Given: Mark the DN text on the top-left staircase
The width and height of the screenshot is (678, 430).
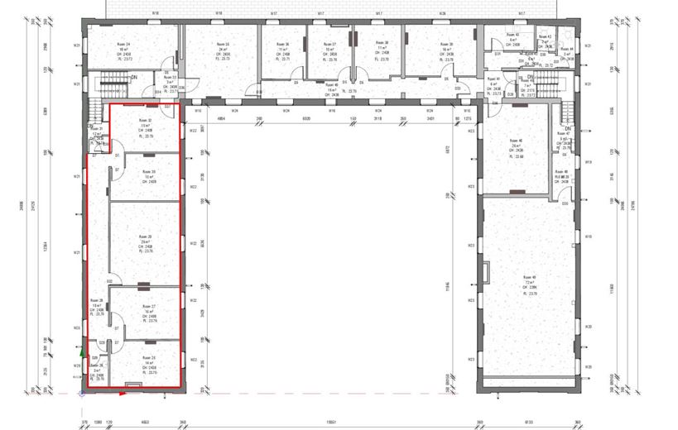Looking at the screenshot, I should pos(133,77).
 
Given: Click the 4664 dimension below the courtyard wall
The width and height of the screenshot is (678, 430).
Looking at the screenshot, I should pos(222,118).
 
